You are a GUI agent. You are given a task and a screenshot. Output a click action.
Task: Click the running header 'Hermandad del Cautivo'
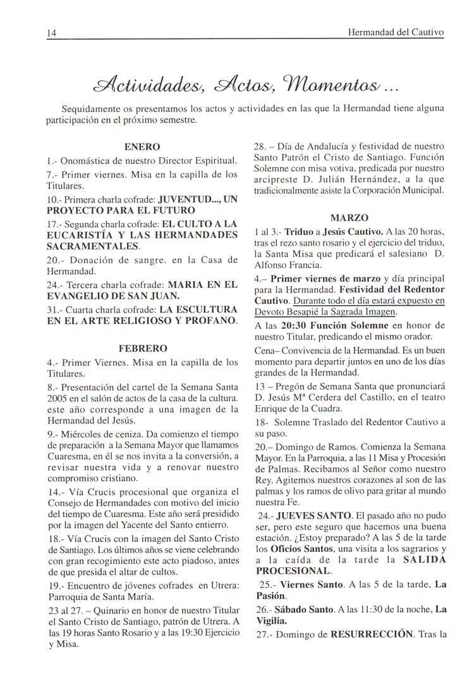tap(396, 32)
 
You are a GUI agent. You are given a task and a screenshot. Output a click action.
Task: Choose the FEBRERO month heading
tap(142, 348)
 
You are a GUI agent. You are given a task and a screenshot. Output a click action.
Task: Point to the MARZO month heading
tap(349, 218)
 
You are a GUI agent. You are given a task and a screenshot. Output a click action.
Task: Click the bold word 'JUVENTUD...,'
tap(190, 199)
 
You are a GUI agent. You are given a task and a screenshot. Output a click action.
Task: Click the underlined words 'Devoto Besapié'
tap(288, 311)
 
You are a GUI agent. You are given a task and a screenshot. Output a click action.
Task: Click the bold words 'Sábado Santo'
tap(307, 610)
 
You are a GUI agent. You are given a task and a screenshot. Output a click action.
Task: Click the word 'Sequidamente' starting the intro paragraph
tap(95, 108)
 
